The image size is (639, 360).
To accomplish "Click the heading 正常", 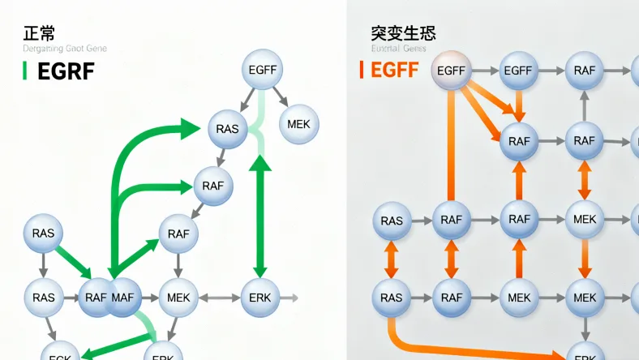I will tap(40, 33).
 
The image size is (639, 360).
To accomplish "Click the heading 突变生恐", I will tap(403, 33).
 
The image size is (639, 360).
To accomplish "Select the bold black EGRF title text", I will tap(66, 71).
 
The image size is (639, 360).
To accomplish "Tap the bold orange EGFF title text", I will tap(395, 71).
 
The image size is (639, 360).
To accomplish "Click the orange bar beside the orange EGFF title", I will tap(362, 71).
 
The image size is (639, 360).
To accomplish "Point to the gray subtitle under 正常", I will tap(65, 49).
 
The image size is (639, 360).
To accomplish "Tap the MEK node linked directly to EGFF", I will tap(299, 125).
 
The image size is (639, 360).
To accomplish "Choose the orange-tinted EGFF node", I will tap(451, 71).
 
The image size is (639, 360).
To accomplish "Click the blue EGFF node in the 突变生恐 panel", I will tap(517, 71).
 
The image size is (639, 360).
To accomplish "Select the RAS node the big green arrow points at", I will tap(228, 129).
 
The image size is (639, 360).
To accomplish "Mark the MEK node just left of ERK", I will tap(178, 298).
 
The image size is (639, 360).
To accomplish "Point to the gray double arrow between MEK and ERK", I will tap(219, 298).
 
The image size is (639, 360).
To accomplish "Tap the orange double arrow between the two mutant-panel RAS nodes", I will tap(392, 259).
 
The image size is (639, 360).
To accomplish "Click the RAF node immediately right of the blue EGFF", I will tap(584, 71).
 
